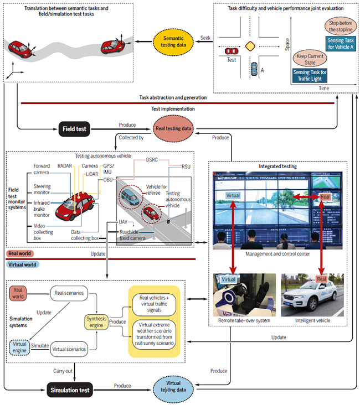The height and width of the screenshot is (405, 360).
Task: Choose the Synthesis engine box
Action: point(99,321)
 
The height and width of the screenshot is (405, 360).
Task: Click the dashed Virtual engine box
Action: point(20,349)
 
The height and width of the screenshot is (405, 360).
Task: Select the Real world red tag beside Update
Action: point(20,253)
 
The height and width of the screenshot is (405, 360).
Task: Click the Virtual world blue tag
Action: point(23,264)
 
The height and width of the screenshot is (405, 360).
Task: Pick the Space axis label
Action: point(287,44)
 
